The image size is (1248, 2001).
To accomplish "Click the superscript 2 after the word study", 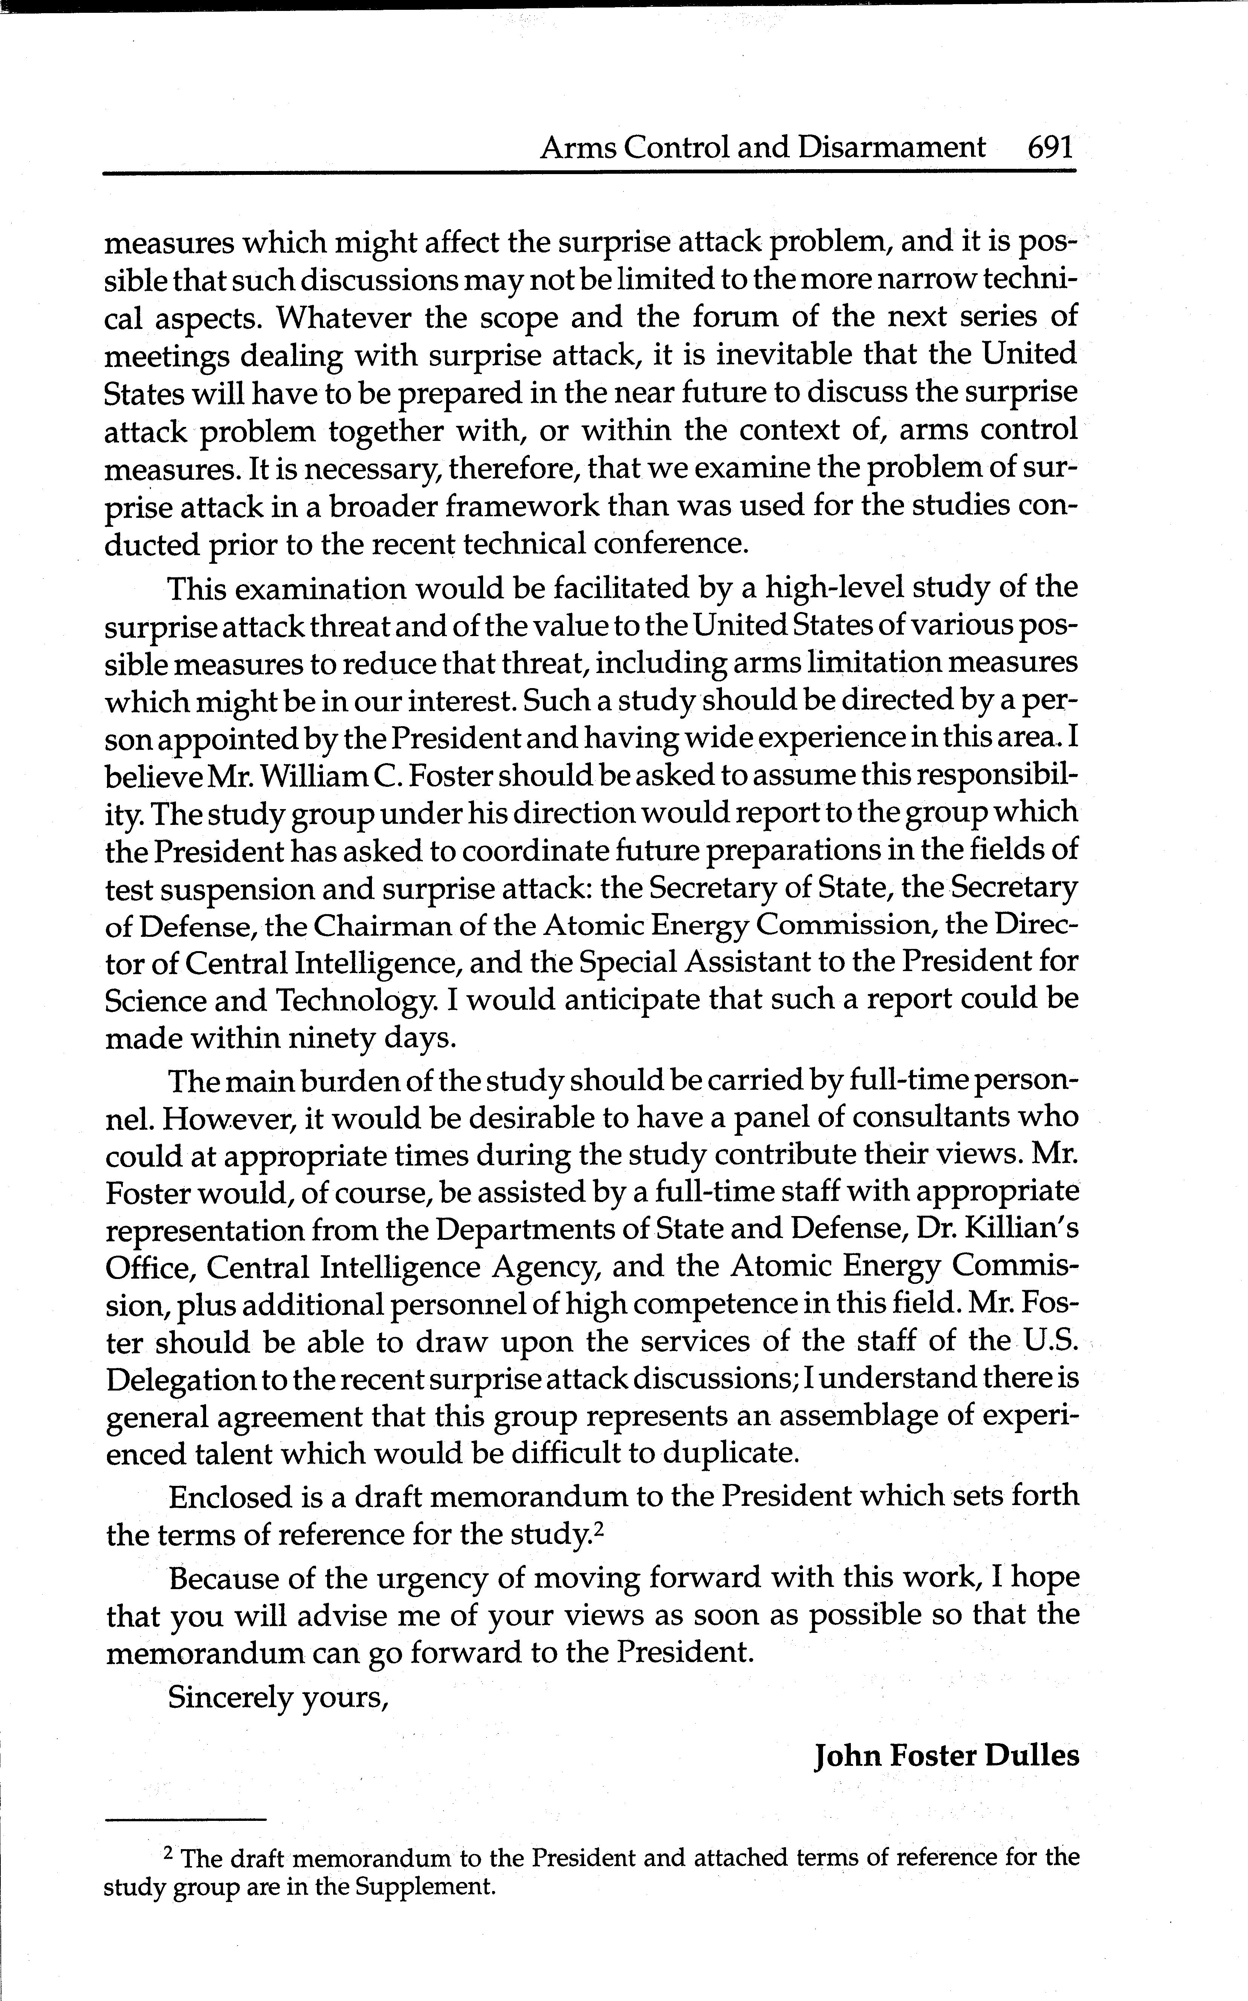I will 600,1529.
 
